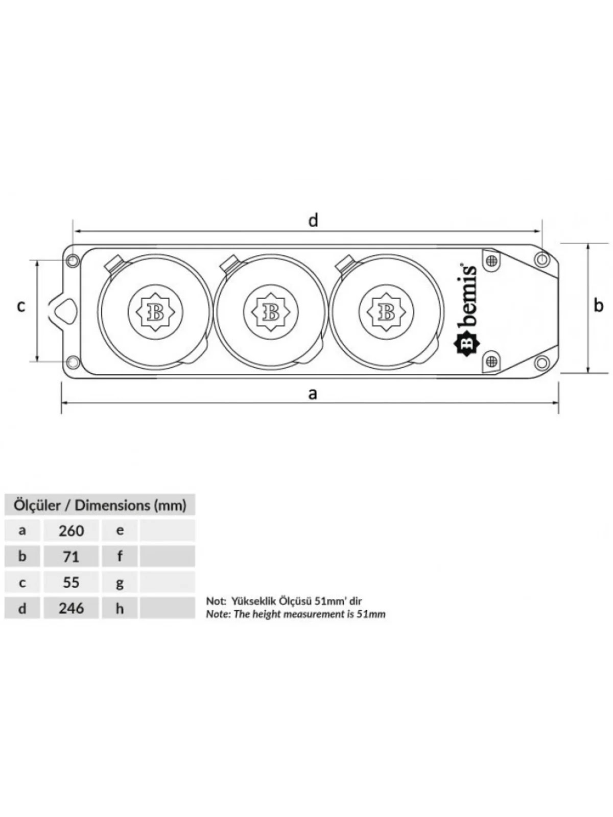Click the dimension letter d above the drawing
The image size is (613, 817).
pos(313,221)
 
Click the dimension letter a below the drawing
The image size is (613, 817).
pos(313,393)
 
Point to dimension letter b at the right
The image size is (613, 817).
pos(598,305)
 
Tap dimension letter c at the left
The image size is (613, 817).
pos(21,306)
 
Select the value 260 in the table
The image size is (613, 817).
pos(71,531)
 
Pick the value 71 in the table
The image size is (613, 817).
pos(71,557)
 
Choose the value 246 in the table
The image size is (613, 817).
pos(71,608)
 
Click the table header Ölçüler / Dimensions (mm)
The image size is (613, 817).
pos(100,506)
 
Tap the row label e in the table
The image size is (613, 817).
pos(120,531)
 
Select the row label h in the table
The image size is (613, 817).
pos(120,608)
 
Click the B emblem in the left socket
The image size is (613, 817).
pos(155,313)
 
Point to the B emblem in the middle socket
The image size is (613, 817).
pos(271,313)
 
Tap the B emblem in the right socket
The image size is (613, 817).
pos(386,313)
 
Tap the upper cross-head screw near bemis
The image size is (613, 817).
pos(492,260)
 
